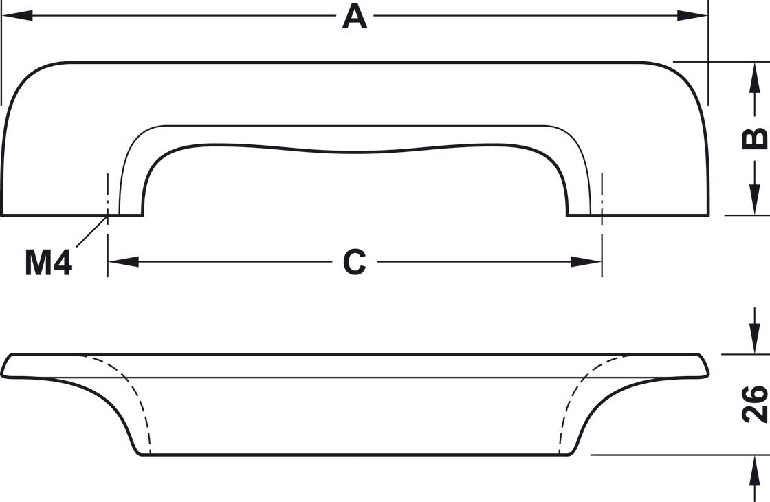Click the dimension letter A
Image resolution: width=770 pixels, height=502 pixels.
click(x=355, y=17)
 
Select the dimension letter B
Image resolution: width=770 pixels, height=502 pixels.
click(x=755, y=138)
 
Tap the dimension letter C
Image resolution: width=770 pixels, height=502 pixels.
click(x=355, y=262)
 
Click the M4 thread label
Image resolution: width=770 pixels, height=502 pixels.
click(x=48, y=263)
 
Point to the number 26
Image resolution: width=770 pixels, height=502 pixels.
click(x=755, y=404)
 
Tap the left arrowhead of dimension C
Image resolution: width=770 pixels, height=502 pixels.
click(x=124, y=262)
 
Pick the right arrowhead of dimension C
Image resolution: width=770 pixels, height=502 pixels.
click(x=586, y=262)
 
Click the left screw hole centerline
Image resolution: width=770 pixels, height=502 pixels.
click(x=108, y=193)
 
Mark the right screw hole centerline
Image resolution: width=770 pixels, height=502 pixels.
click(x=602, y=193)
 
